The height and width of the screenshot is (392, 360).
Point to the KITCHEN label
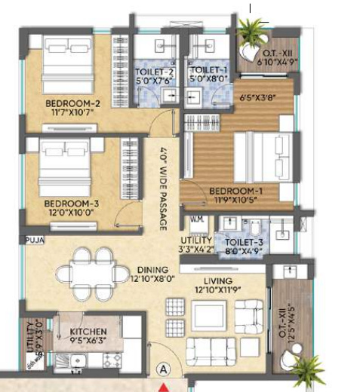click(88, 332)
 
